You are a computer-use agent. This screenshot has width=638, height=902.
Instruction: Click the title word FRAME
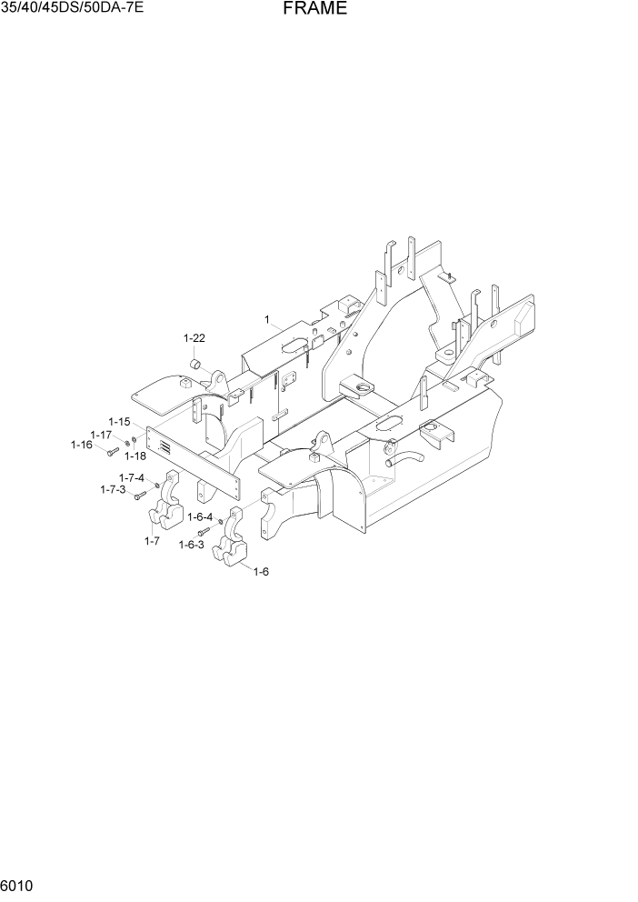click(x=314, y=9)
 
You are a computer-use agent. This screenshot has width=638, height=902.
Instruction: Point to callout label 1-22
click(x=194, y=338)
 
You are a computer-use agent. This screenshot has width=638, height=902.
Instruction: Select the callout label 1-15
click(x=120, y=422)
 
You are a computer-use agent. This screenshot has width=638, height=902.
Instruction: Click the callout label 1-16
click(x=82, y=445)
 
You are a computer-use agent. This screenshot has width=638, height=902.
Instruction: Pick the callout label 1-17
click(x=100, y=435)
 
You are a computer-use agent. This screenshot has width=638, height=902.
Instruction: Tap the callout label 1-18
click(x=135, y=456)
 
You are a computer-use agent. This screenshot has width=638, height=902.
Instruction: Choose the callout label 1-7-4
click(x=132, y=477)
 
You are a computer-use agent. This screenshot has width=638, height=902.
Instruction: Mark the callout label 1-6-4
click(x=200, y=516)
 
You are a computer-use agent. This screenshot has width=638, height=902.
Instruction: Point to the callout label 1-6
click(x=261, y=571)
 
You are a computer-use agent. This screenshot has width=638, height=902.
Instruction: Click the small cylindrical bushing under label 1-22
click(x=194, y=365)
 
